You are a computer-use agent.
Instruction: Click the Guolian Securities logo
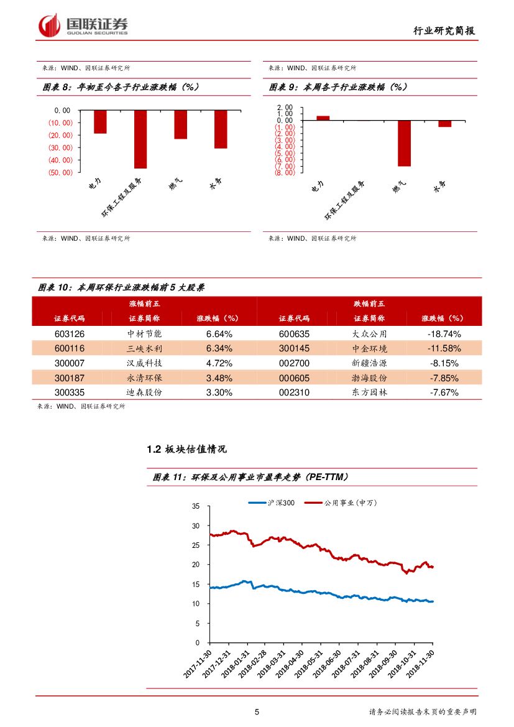tap(83, 25)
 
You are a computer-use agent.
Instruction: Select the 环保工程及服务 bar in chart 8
tap(140, 139)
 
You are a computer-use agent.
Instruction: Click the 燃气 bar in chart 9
tap(405, 142)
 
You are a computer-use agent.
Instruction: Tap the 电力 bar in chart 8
tap(100, 121)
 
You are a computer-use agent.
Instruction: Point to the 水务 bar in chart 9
tap(444, 123)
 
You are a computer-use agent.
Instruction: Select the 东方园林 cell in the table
tap(369, 392)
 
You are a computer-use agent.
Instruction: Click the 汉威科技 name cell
tap(144, 363)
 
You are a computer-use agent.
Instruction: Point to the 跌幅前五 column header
tap(369, 303)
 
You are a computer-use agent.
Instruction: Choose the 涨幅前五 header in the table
tap(144, 303)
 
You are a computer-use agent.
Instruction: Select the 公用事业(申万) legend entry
tap(343, 502)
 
